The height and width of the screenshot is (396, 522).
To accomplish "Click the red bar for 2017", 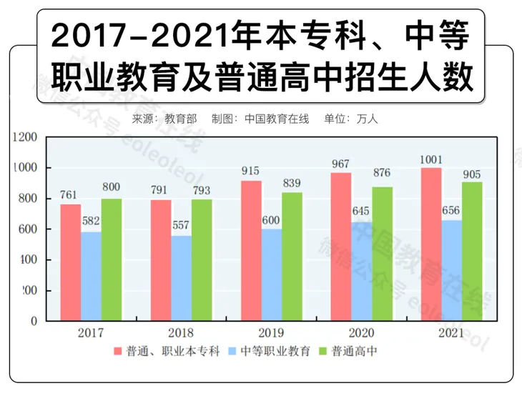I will coord(70,262).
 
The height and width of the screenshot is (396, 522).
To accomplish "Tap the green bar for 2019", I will coord(292,256).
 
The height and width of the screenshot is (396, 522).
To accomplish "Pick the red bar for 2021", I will coord(431,244).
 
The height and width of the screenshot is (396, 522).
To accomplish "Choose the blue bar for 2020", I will coord(362,271).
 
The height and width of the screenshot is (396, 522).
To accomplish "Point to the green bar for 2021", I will coord(472,251).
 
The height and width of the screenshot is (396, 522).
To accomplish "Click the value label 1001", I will coord(431,160).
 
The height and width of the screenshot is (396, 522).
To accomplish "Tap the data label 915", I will coord(251,172).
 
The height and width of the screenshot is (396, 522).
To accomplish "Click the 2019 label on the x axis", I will coord(271,333).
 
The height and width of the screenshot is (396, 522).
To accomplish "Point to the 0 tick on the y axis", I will coord(33,322).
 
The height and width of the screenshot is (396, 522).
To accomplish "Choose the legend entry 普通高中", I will coord(352,352).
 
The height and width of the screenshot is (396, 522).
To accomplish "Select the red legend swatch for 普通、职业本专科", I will coord(118,352).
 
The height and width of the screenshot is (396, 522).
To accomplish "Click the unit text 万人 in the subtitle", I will coord(367,119).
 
